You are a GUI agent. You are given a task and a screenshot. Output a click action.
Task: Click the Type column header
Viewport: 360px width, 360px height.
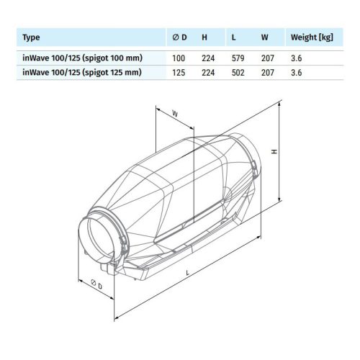click(x=32, y=36)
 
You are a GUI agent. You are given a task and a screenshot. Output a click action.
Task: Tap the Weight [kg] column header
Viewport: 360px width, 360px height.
click(x=311, y=36)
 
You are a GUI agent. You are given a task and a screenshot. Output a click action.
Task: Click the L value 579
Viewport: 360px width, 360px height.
click(x=235, y=58)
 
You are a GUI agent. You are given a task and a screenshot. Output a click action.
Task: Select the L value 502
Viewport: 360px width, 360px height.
click(x=235, y=73)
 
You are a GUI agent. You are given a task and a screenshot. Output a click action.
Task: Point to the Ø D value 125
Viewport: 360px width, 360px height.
click(x=180, y=73)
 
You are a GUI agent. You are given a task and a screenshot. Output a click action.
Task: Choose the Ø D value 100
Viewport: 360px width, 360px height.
click(x=180, y=58)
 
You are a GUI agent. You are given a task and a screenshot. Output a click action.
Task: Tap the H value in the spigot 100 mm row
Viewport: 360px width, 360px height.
click(x=208, y=58)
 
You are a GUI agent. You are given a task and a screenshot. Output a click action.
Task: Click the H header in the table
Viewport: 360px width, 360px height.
click(x=204, y=36)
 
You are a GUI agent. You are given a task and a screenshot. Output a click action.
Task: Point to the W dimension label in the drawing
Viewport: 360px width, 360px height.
click(x=176, y=112)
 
